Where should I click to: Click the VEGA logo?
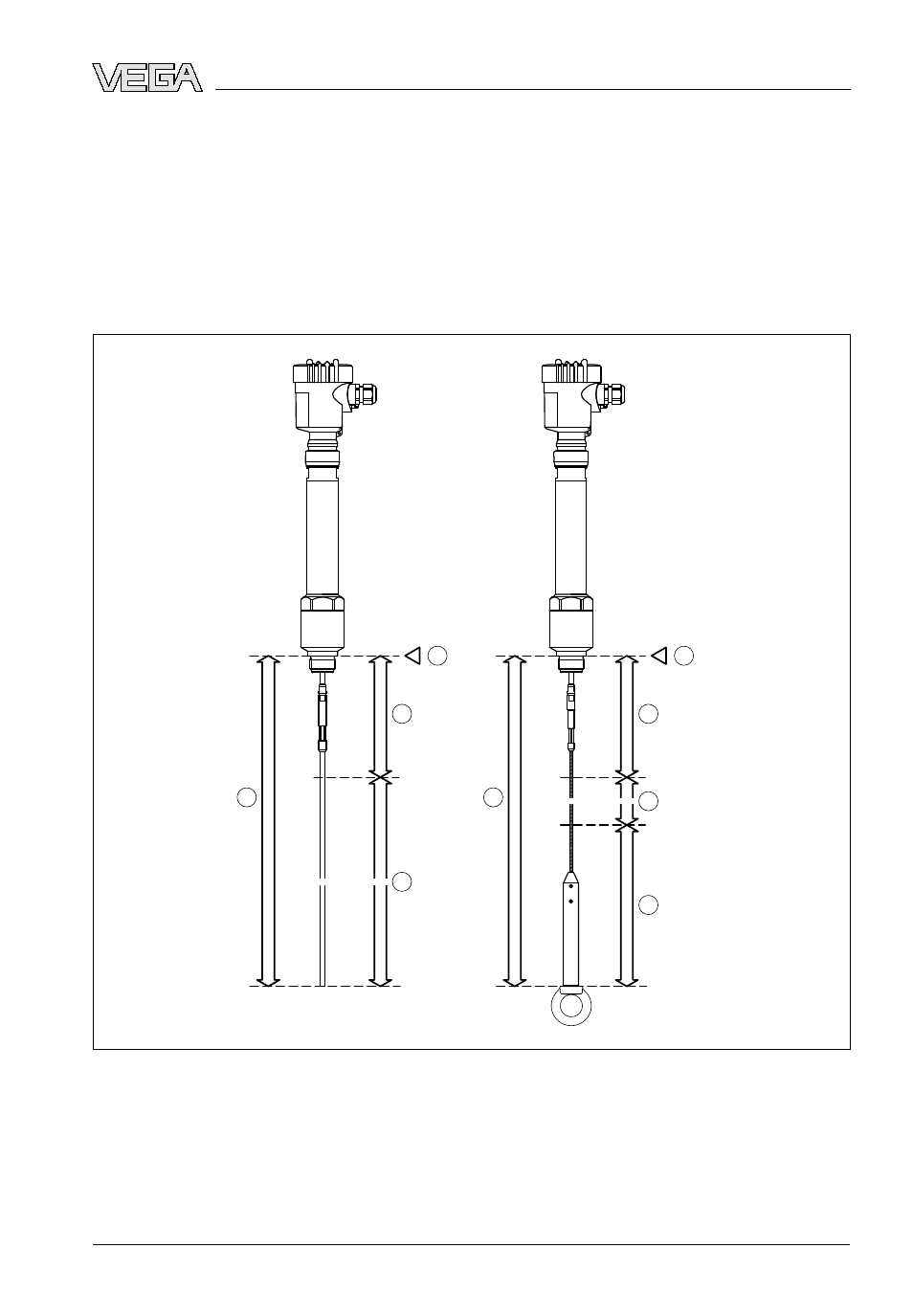click(147, 78)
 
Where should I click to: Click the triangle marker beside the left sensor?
click(412, 656)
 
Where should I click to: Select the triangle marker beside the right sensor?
click(659, 656)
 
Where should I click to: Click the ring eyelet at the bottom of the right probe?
click(571, 1007)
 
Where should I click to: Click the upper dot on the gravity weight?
click(570, 893)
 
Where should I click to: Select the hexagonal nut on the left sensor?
click(323, 605)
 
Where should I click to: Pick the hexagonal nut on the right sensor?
click(571, 605)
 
